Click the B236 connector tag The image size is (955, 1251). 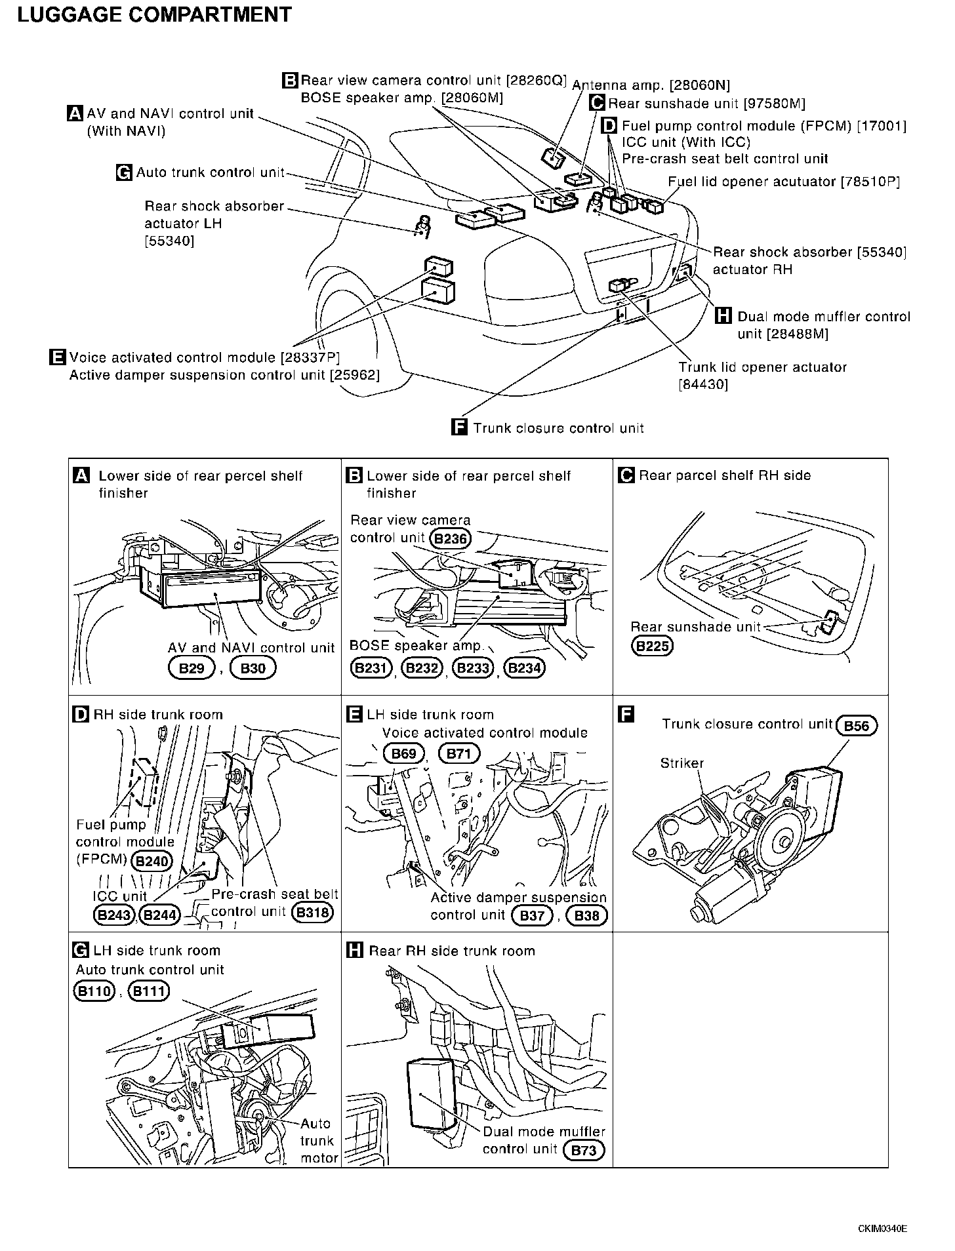(x=451, y=539)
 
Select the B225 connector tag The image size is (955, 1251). (x=652, y=646)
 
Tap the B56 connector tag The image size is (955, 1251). (x=857, y=725)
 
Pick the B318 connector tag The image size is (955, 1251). (x=313, y=912)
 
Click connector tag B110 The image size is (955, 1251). (x=94, y=991)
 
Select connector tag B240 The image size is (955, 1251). (x=152, y=861)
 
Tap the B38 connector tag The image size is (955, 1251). (x=586, y=915)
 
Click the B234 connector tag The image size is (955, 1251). (x=525, y=668)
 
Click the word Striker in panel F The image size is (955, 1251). (x=681, y=763)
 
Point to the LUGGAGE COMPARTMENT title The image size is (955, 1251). (x=154, y=14)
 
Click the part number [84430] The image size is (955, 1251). (x=703, y=384)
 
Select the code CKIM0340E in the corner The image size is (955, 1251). (x=882, y=1228)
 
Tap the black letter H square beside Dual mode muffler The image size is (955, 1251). (x=723, y=317)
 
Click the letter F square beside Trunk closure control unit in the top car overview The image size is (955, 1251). (x=460, y=427)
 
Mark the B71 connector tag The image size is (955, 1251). (x=458, y=753)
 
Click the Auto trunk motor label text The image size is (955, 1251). (x=317, y=1141)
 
